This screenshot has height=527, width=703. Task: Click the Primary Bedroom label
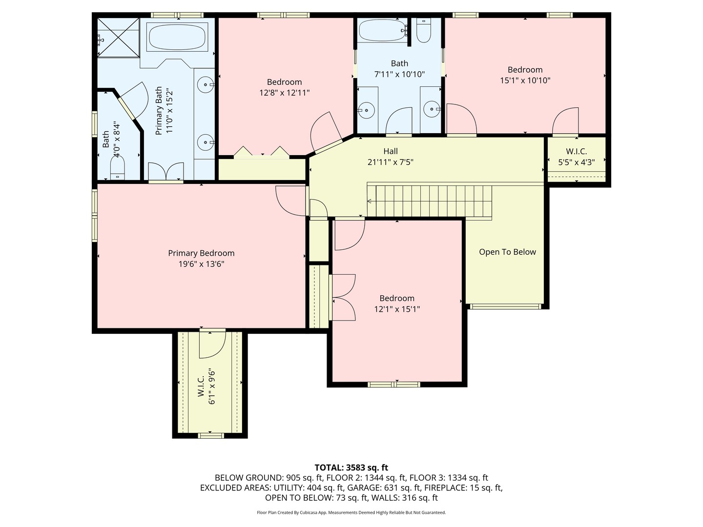[x=201, y=253]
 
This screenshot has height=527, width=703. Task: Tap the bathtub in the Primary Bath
[x=177, y=38]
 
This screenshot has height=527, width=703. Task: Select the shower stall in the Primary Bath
[x=118, y=38]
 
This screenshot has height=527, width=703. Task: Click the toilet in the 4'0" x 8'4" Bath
[x=118, y=168]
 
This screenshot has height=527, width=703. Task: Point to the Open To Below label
[x=507, y=252]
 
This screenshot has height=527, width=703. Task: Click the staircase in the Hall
[x=430, y=201]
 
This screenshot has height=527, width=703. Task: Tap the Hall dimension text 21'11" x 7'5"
[x=390, y=162]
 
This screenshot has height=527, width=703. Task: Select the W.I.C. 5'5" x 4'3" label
[x=576, y=157]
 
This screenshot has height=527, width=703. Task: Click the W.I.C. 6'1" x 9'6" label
[x=207, y=386]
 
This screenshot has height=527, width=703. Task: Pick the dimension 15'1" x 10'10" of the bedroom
[x=525, y=81]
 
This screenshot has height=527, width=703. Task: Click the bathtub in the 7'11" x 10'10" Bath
[x=382, y=31]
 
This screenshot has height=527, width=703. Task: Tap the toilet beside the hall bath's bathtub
[x=423, y=30]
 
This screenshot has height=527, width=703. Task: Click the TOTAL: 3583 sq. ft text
[x=351, y=467]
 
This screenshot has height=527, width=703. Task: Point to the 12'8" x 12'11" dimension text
[x=284, y=93]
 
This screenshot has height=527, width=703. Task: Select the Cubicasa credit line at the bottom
[x=351, y=512]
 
